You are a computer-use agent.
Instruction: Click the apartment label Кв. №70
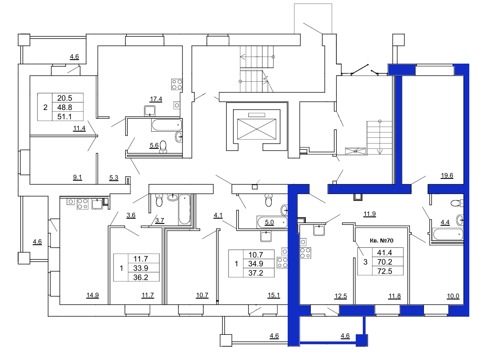[381, 240]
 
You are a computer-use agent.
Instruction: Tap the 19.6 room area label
[447, 175]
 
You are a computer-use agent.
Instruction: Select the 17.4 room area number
[156, 99]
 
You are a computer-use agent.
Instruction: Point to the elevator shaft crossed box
[257, 129]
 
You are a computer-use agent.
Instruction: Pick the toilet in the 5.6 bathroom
[163, 147]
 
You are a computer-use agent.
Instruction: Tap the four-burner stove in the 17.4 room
[177, 84]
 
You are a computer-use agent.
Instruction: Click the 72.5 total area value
[385, 271]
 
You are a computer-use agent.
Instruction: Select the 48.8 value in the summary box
[65, 107]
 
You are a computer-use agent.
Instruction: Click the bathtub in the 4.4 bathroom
[448, 235]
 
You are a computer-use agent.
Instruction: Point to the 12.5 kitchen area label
[341, 296]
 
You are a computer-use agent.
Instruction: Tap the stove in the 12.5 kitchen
[305, 253]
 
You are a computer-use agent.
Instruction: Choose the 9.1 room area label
[77, 178]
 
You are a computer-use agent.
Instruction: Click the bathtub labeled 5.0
[272, 222]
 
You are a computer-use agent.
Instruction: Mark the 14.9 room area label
[92, 295]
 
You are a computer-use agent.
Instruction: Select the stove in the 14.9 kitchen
[83, 204]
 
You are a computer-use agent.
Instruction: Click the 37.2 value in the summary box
[256, 273]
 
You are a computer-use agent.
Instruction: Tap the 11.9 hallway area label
[369, 214]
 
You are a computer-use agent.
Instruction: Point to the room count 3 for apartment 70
[365, 262]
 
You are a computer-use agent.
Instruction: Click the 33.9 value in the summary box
[141, 268]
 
